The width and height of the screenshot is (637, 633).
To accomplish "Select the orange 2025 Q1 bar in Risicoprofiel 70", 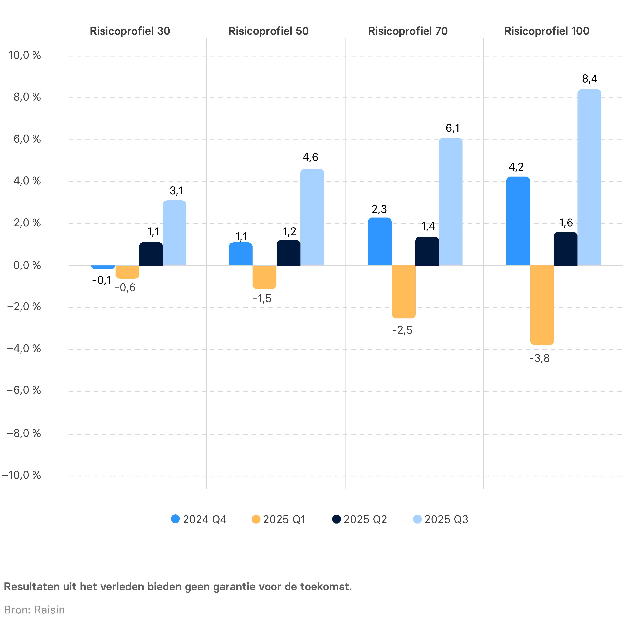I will click(404, 292).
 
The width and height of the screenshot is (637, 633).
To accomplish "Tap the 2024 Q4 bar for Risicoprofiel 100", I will click(518, 221).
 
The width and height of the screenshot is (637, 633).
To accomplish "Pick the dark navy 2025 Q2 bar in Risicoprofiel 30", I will click(151, 254).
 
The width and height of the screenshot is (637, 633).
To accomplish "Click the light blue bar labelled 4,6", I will click(312, 217).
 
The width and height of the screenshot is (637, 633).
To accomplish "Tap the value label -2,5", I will click(402, 330).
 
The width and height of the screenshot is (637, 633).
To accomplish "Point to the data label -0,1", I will click(102, 281).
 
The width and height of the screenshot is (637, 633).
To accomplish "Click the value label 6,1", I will click(452, 128).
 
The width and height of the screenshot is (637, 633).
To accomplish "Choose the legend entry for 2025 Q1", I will click(279, 519).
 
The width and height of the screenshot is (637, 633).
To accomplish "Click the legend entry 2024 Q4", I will click(199, 519).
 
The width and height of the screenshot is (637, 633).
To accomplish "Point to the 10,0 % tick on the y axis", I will click(24, 55).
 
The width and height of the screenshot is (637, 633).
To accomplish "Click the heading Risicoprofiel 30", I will click(130, 31).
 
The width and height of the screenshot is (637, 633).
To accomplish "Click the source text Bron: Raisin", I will click(34, 610).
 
